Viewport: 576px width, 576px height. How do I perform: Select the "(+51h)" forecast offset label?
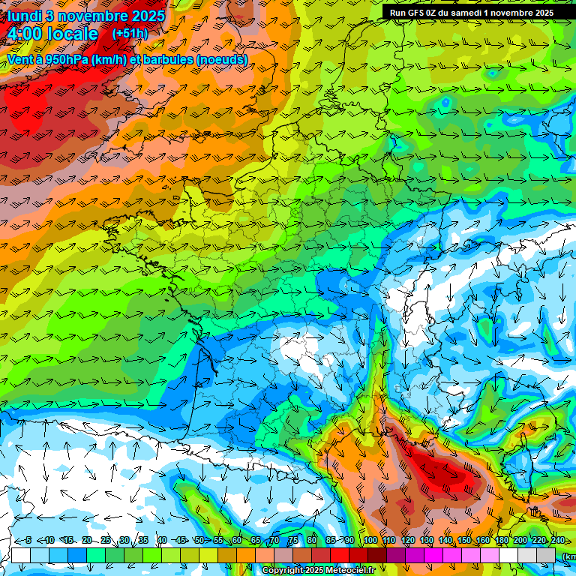130,34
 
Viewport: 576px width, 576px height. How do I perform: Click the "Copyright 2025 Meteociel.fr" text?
318,571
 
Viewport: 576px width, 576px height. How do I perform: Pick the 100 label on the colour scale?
370,540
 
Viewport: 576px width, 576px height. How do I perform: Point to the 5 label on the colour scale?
28,540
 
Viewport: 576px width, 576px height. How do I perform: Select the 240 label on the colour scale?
557,540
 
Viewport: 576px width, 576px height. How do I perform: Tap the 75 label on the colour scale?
294,540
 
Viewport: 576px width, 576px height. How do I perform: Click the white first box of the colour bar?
21,555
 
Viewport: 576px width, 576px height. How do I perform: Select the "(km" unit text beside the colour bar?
569,556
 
